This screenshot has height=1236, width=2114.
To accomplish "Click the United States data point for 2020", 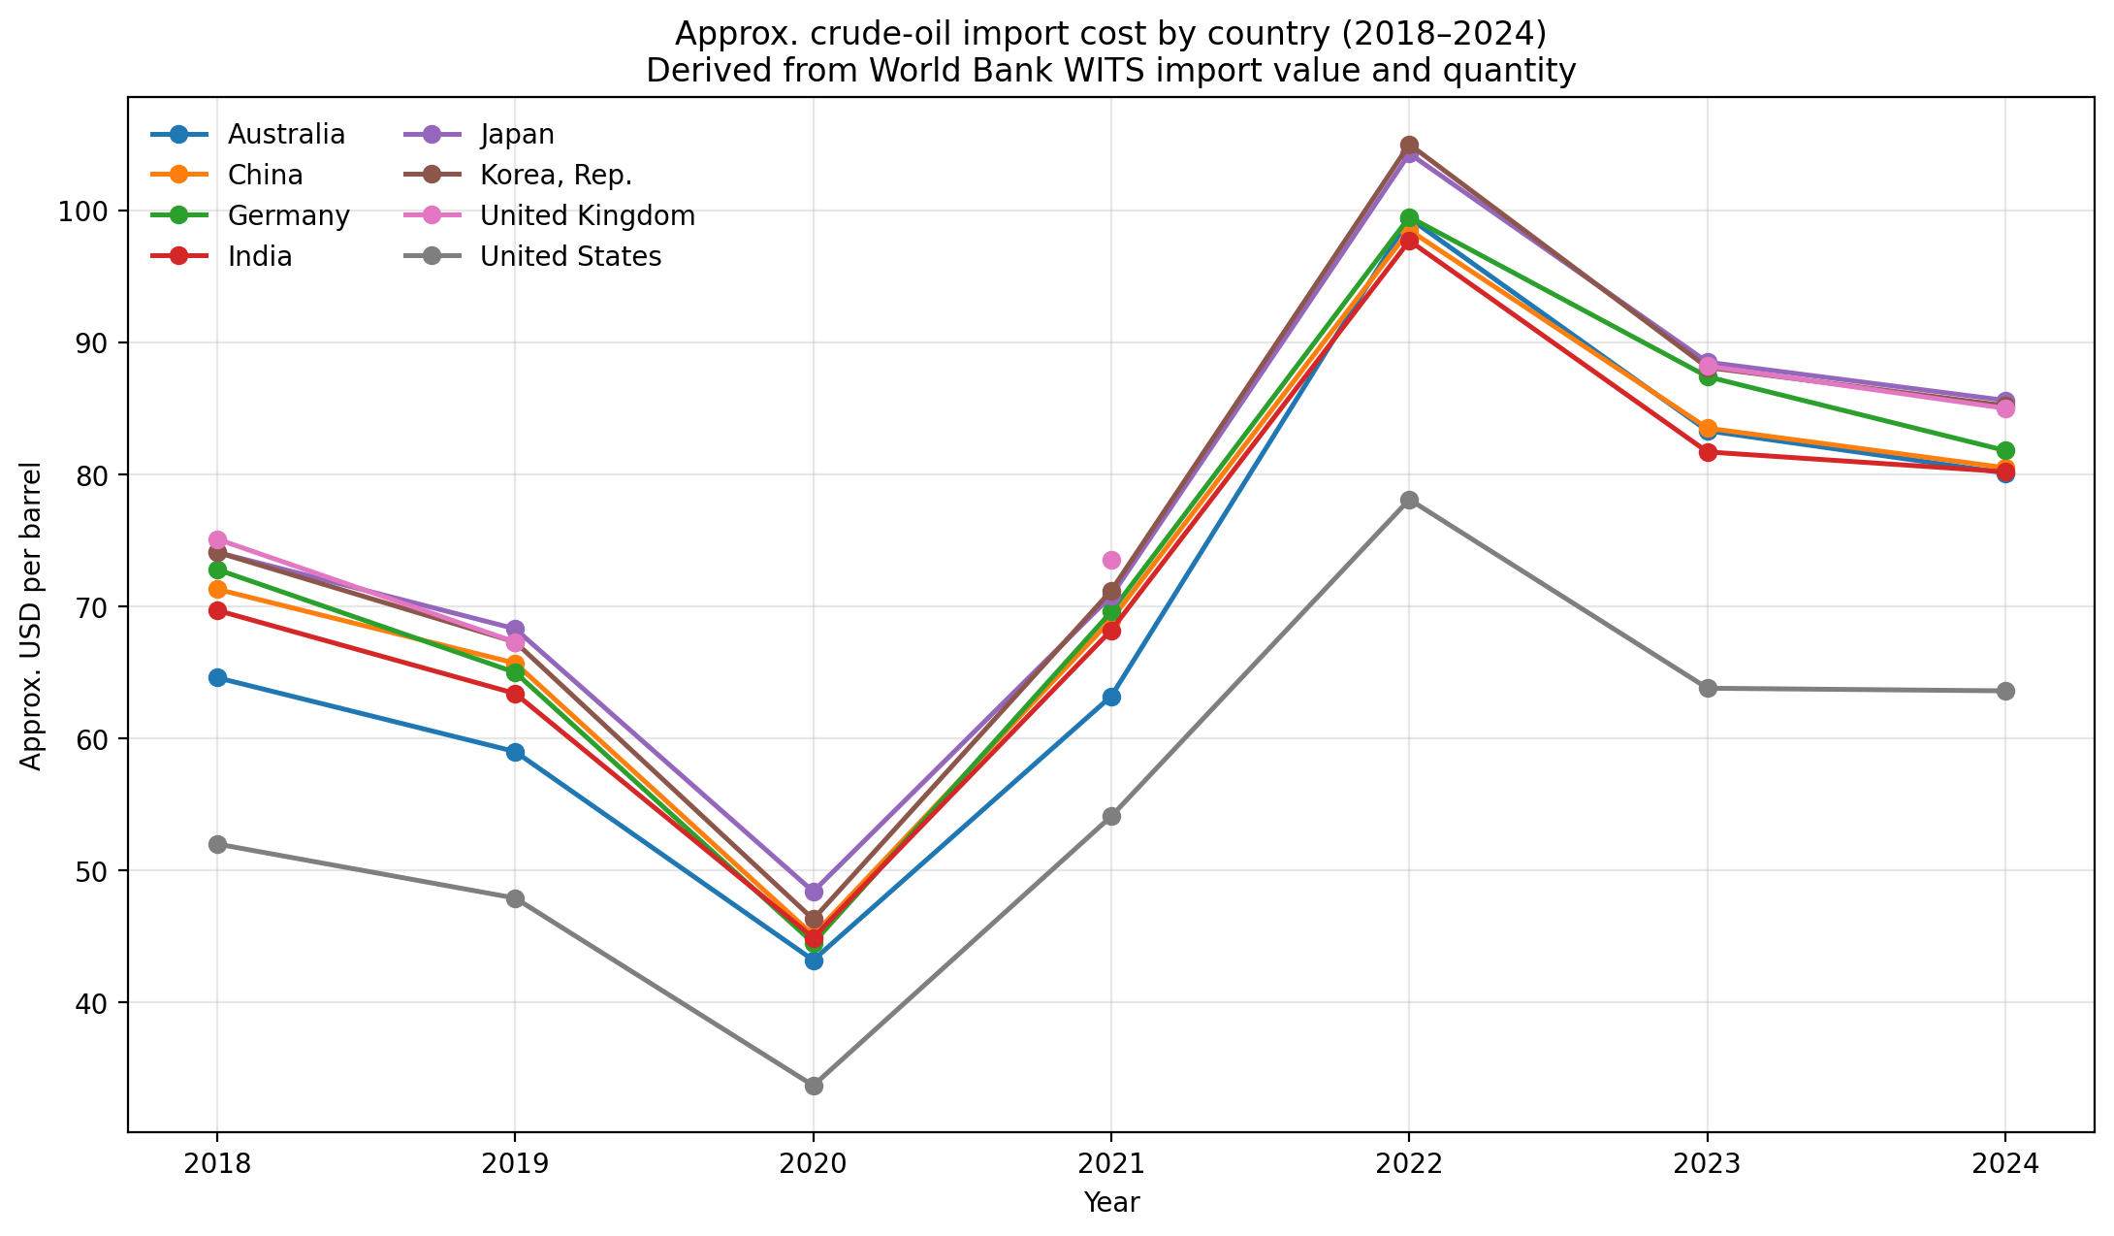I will click(814, 1086).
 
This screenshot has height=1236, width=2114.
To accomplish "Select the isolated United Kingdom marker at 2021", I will click(1111, 560).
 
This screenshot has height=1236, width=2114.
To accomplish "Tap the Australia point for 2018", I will click(217, 677).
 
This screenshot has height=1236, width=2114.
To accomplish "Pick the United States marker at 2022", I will click(1409, 500).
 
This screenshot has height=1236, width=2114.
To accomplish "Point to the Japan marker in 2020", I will click(814, 892).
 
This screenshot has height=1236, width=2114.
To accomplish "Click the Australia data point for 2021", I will click(1111, 697).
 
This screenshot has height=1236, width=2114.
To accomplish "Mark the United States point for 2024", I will click(2005, 691).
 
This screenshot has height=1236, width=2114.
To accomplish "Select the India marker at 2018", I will click(217, 610).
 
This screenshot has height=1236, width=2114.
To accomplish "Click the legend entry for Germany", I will click(288, 216).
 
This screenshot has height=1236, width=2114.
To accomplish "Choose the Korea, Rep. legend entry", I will click(556, 176).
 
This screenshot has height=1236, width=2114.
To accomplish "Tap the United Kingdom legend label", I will click(588, 216).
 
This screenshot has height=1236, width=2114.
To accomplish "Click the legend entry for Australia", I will click(286, 135).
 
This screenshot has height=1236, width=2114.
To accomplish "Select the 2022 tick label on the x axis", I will click(1409, 1163).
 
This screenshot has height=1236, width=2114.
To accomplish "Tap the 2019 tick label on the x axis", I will click(515, 1163).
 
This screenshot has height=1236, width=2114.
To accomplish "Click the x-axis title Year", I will click(1111, 1203).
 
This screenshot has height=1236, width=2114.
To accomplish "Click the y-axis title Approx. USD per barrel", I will click(32, 616).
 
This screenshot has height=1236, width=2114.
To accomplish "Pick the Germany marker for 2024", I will click(2005, 451).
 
